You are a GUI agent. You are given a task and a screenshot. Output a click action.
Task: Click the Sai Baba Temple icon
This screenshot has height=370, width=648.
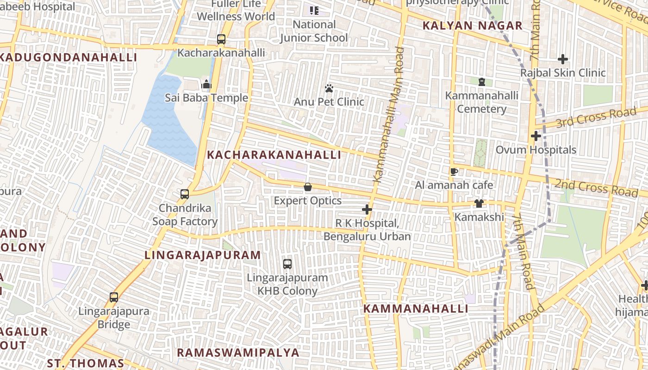(206, 84)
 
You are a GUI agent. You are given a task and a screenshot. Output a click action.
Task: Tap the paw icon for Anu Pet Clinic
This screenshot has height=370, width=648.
(329, 88)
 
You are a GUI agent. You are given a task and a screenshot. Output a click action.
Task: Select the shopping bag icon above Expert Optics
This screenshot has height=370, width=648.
(307, 187)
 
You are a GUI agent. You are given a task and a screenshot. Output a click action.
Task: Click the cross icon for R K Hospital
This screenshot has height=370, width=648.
(367, 210)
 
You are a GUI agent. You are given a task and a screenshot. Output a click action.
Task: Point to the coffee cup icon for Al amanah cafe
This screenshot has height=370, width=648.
(454, 172)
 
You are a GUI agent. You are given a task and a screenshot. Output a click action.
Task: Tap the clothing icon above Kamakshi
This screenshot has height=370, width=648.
(479, 203)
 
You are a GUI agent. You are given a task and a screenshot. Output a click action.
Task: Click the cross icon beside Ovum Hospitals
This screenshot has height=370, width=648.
(536, 136)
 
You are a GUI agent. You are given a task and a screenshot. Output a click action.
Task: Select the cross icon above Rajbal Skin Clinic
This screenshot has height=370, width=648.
(563, 59)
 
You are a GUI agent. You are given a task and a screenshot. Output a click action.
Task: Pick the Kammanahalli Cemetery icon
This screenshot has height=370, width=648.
(481, 82)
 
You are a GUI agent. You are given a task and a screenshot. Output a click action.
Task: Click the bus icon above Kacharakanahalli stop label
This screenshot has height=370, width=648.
(221, 39)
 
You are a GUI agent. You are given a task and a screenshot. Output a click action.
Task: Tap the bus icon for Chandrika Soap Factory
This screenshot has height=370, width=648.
(185, 194)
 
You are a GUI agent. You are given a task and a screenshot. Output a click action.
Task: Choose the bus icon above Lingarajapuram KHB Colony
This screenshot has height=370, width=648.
(287, 264)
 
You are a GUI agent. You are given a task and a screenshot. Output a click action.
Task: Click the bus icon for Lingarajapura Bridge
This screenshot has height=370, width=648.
(114, 297)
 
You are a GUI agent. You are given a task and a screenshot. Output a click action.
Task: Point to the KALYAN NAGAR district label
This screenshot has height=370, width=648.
(473, 26)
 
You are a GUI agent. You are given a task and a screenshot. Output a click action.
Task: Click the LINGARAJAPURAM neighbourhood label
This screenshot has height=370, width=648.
(203, 255)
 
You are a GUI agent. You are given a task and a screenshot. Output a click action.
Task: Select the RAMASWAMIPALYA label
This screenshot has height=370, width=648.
(238, 352)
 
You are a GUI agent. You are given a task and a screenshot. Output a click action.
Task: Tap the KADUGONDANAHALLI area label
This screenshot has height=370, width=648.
(69, 58)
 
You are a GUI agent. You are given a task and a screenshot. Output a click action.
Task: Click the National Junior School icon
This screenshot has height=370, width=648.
(314, 10)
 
